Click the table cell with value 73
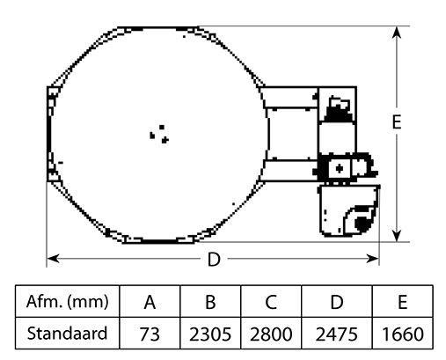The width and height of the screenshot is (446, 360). (x=150, y=334)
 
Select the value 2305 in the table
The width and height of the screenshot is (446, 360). (x=210, y=334)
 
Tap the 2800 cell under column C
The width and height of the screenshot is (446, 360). (x=272, y=334)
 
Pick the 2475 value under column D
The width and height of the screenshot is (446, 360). (x=335, y=334)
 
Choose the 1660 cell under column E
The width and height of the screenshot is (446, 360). (x=402, y=334)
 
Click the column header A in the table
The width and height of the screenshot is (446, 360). (x=150, y=304)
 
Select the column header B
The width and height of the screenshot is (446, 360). (x=210, y=304)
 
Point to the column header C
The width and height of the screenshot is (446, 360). (x=272, y=304)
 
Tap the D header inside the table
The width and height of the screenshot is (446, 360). (x=335, y=304)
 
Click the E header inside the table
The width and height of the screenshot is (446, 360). (x=402, y=304)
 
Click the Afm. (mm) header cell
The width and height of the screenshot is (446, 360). (x=67, y=304)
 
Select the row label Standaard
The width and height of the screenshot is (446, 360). (x=67, y=334)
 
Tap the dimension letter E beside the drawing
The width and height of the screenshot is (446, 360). (x=398, y=123)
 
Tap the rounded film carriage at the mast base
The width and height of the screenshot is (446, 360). (x=347, y=211)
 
